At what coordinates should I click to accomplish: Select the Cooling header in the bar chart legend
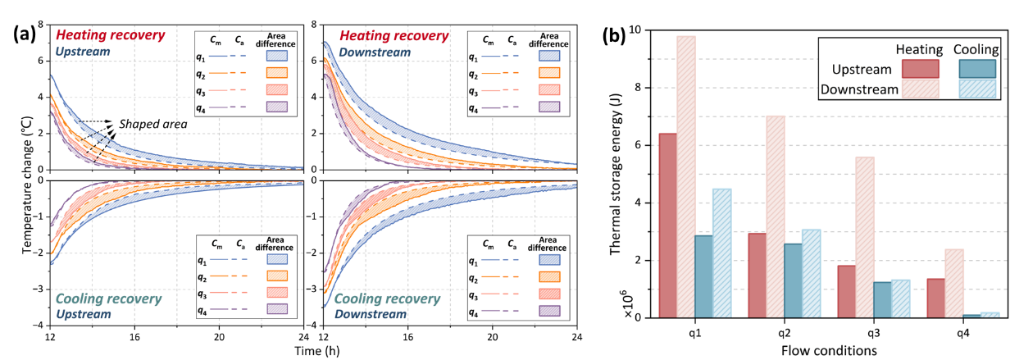(976, 50)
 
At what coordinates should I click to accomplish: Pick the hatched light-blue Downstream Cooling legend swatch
(979, 89)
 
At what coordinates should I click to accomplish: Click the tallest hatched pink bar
(686, 175)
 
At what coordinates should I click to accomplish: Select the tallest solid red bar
(668, 225)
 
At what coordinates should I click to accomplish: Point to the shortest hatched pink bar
(953, 283)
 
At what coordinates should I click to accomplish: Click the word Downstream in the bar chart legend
(859, 89)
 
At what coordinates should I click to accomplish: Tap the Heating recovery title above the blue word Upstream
(110, 36)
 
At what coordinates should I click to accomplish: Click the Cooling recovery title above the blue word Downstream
(387, 298)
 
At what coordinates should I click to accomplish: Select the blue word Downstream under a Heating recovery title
(375, 52)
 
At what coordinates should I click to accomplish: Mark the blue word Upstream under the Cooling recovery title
(83, 313)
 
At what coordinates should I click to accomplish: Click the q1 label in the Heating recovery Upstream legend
(202, 57)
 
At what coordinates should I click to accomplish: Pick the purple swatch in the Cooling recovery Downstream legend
(549, 312)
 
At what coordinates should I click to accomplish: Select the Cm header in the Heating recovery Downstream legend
(489, 39)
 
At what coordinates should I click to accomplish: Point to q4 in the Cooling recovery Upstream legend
(202, 312)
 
